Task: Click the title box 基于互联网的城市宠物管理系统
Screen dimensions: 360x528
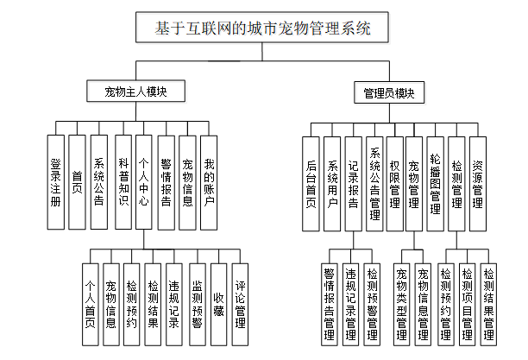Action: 262,28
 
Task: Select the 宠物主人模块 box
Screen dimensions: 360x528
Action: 135,92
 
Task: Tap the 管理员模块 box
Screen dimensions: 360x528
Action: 389,92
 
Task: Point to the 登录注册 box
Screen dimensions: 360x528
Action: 56,182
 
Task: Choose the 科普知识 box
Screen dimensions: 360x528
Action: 122,182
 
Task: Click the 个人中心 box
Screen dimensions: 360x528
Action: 143,182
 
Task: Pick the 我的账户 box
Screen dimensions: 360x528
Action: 209,182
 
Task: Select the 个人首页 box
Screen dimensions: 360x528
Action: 90,298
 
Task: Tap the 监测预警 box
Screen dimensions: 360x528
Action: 198,298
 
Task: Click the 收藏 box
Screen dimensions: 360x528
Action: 219,298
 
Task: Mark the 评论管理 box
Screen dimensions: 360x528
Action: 241,298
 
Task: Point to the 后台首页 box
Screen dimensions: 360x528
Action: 311,182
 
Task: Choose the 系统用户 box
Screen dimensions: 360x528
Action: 332,182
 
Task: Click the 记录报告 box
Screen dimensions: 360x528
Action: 353,182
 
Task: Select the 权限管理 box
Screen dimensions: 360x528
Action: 394,182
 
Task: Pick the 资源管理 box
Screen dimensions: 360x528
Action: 477,182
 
